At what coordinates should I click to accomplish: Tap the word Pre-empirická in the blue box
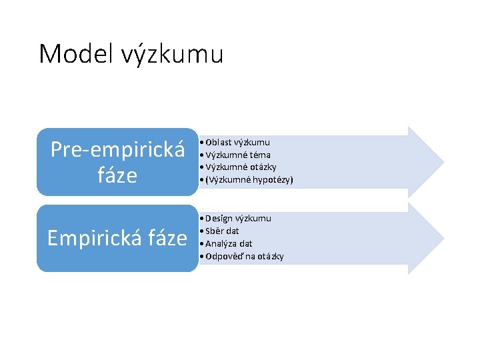click(x=118, y=149)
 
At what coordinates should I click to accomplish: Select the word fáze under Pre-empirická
click(x=117, y=175)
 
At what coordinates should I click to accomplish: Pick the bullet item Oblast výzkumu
click(x=237, y=142)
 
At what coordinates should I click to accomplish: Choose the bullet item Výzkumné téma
click(x=237, y=155)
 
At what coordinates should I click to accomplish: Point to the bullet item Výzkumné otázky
click(x=241, y=167)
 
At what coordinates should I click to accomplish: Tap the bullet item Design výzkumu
click(x=238, y=218)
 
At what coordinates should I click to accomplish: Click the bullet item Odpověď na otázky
click(x=245, y=257)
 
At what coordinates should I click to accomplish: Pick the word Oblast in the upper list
click(x=217, y=142)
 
